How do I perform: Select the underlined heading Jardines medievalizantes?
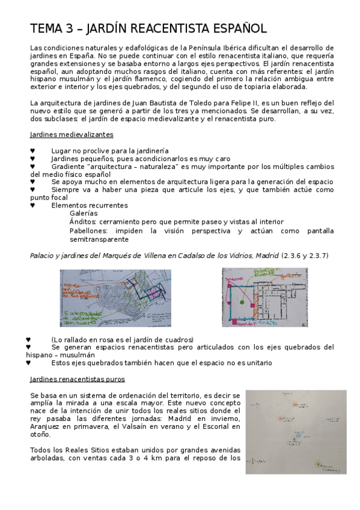coord(72,135)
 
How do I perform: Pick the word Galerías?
coord(84,214)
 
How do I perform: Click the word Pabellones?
coord(89,231)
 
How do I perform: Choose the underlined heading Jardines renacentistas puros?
coord(78,379)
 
